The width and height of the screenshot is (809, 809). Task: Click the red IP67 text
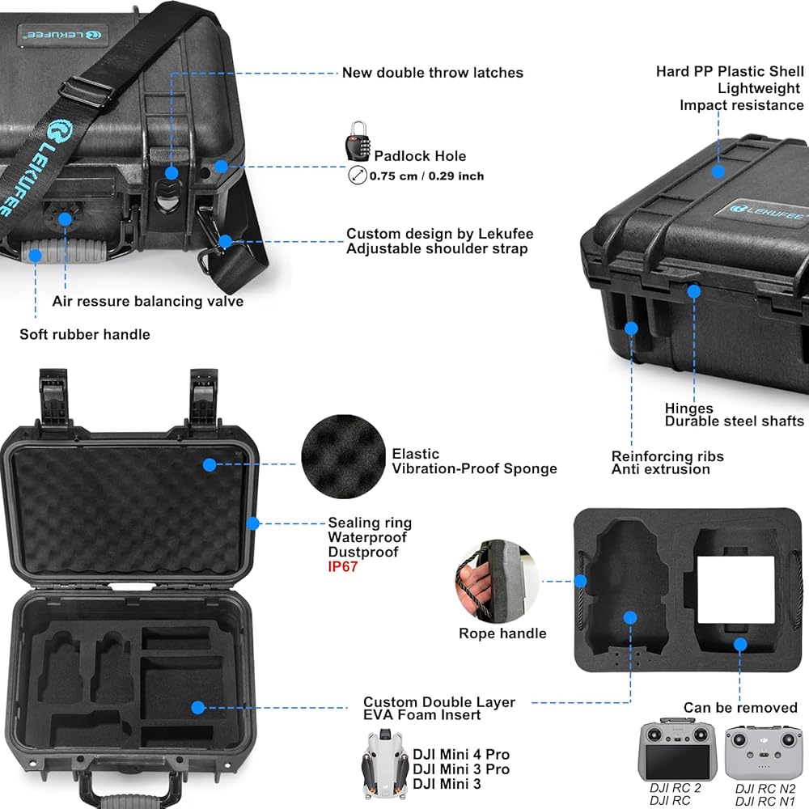point(342,567)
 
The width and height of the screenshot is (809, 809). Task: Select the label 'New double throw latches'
point(432,73)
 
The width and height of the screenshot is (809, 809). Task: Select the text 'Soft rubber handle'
point(85,334)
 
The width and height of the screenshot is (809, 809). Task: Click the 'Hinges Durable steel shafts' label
point(734,414)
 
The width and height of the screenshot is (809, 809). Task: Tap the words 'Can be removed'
point(740,708)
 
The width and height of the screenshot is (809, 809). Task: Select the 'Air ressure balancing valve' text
point(148,301)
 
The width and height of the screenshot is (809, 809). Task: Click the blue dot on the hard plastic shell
point(718,171)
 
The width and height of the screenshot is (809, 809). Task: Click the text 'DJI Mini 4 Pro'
point(461,756)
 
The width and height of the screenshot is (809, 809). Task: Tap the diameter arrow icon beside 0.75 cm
point(357,175)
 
